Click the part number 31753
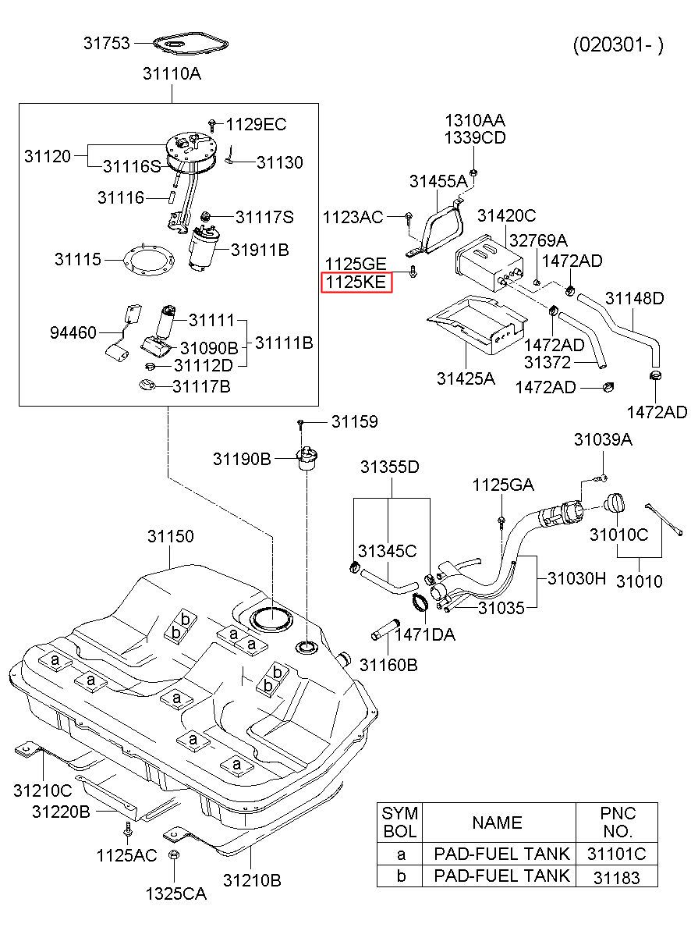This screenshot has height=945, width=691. pyautogui.click(x=107, y=43)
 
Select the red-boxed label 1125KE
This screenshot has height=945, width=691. pyautogui.click(x=356, y=282)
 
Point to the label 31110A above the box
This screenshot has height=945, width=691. pyautogui.click(x=172, y=74)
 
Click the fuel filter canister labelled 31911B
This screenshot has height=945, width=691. pyautogui.click(x=204, y=248)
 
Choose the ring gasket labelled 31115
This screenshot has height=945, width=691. pyautogui.click(x=149, y=260)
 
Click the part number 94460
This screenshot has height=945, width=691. pyautogui.click(x=73, y=333)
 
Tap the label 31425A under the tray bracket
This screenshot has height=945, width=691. pyautogui.click(x=466, y=378)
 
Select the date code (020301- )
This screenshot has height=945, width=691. pyautogui.click(x=618, y=44)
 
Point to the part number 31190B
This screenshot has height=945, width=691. pyautogui.click(x=242, y=459)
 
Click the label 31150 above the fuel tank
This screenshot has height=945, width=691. pyautogui.click(x=171, y=536)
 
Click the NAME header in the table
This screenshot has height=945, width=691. pyautogui.click(x=497, y=822)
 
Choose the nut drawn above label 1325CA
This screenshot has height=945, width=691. pyautogui.click(x=174, y=854)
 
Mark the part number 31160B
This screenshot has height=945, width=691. pyautogui.click(x=388, y=665)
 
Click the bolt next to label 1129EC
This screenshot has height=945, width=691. pyautogui.click(x=213, y=124)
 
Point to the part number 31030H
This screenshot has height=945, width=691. pyautogui.click(x=576, y=578)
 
